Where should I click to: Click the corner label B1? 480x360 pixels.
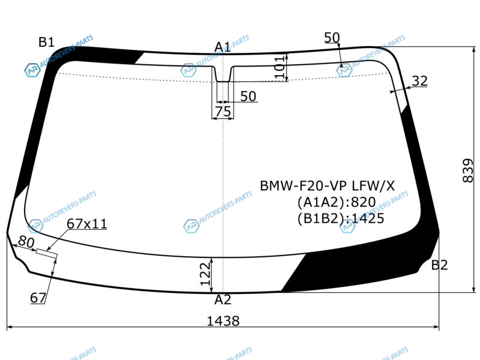[46, 42]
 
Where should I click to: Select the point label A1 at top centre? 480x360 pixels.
[222, 47]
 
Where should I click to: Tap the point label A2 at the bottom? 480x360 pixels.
[223, 299]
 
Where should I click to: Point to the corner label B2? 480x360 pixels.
[439, 265]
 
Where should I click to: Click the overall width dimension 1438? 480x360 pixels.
[223, 321]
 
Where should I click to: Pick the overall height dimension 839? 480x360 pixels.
[468, 170]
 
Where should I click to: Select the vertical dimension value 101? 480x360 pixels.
[280, 67]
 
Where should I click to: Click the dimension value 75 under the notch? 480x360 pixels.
[223, 112]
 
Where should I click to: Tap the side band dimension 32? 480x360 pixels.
[419, 81]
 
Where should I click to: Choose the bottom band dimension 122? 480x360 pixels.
[206, 274]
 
